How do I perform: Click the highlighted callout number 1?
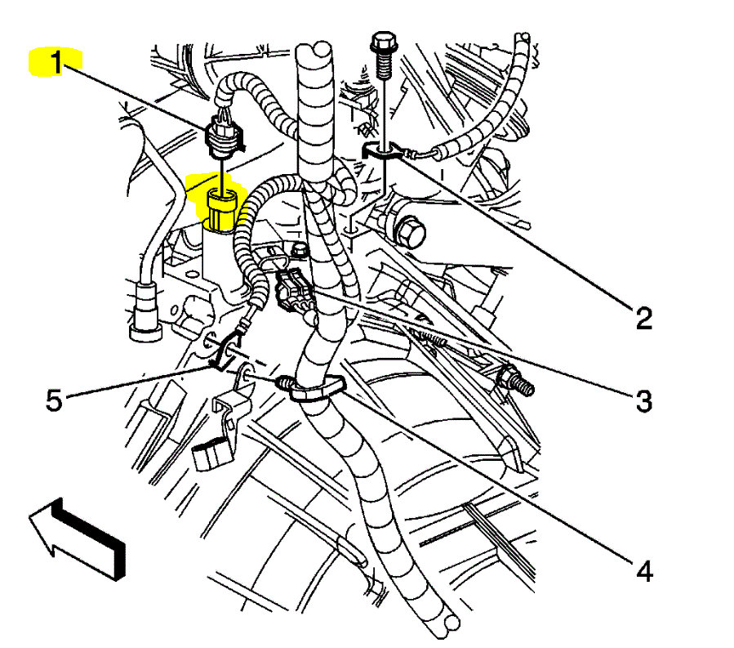click(56, 63)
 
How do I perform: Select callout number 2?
click(644, 317)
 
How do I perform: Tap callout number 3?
click(644, 400)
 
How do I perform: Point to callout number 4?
click(644, 570)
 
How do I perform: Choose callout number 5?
click(54, 402)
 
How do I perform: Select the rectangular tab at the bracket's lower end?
click(211, 454)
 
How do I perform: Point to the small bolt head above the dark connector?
click(300, 249)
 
